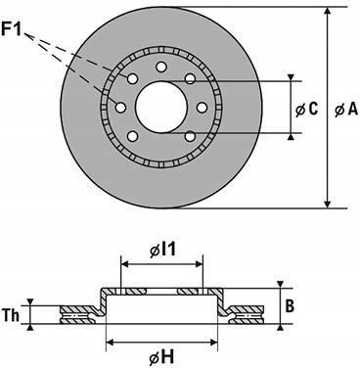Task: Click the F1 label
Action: click(11, 28)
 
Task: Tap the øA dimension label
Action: click(346, 110)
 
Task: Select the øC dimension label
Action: click(306, 110)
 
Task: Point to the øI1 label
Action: click(162, 251)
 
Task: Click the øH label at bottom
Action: click(161, 358)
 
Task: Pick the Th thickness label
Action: click(11, 315)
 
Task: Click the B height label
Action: click(290, 306)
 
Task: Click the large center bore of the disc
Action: click(160, 107)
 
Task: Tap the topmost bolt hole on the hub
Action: click(160, 67)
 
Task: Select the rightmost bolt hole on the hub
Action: click(202, 107)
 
